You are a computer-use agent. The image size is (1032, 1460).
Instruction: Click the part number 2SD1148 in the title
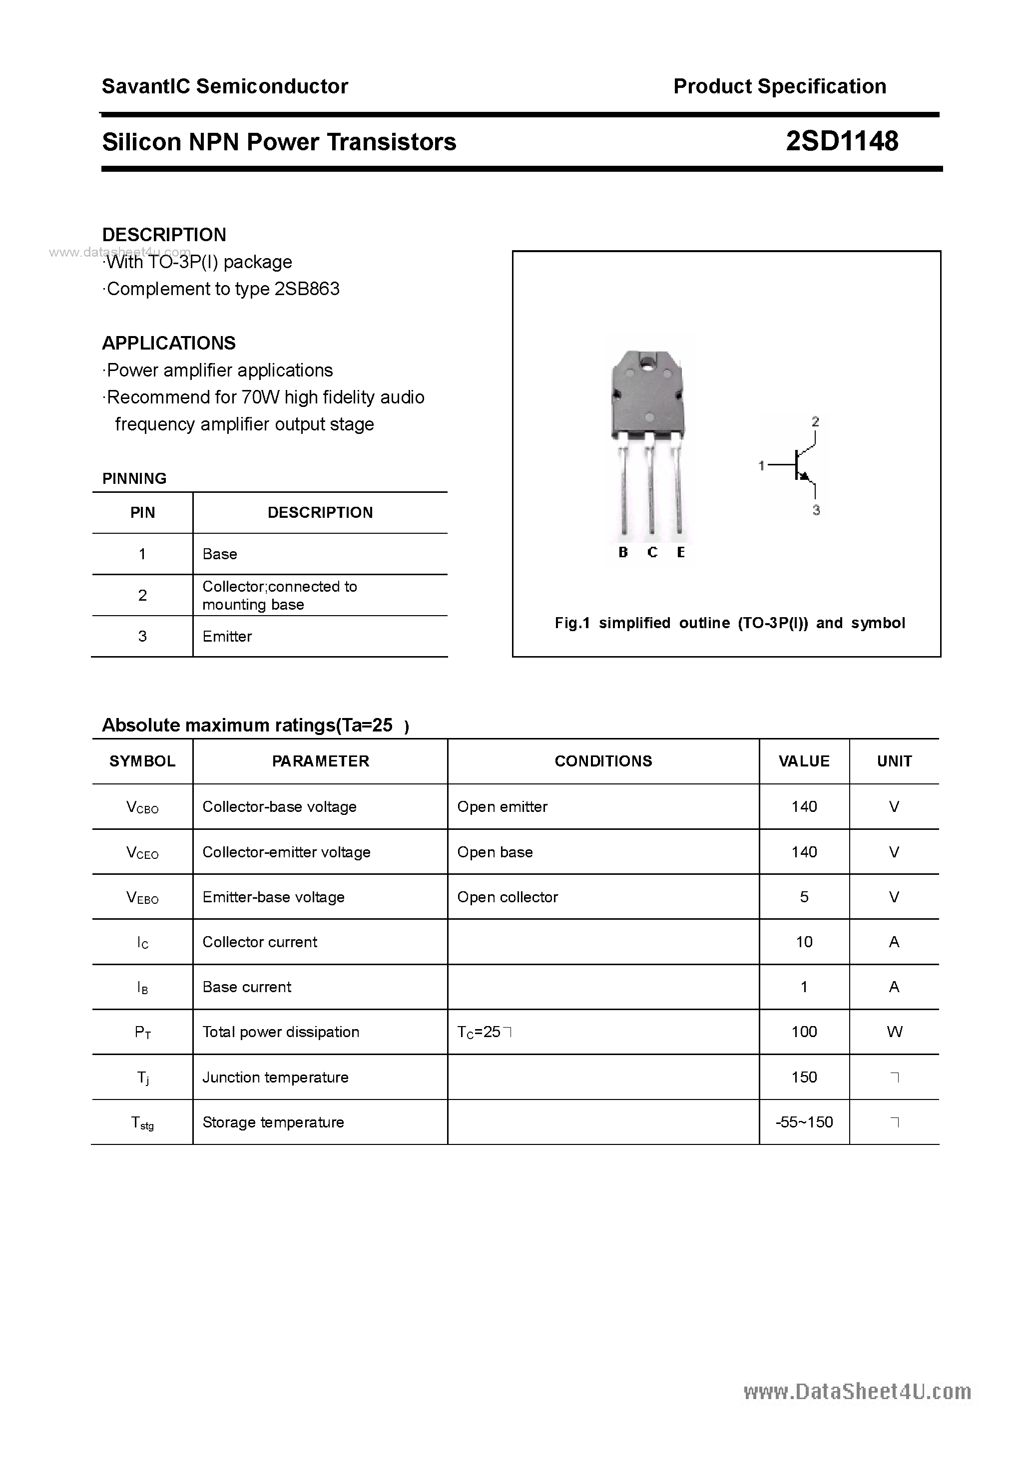841,141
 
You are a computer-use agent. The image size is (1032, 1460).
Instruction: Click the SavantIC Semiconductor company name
225,86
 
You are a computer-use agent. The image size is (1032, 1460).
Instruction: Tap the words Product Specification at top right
779,86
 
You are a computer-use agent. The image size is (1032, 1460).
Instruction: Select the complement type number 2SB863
307,289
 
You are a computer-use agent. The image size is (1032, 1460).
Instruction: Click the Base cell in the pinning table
219,554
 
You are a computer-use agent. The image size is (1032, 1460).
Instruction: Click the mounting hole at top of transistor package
648,364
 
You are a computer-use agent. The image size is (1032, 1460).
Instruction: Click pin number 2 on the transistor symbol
815,421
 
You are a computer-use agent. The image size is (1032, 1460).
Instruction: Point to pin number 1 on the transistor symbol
761,466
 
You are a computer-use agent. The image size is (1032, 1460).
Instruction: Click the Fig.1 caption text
729,623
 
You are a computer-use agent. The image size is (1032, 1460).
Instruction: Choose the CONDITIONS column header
603,761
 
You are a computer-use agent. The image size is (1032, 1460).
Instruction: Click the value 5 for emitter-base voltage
804,897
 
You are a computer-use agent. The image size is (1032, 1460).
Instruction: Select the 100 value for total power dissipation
804,1032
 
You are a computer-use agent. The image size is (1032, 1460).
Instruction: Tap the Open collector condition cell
507,897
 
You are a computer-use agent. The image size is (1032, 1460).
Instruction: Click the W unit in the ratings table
894,1032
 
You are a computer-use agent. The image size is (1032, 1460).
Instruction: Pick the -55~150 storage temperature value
804,1121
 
